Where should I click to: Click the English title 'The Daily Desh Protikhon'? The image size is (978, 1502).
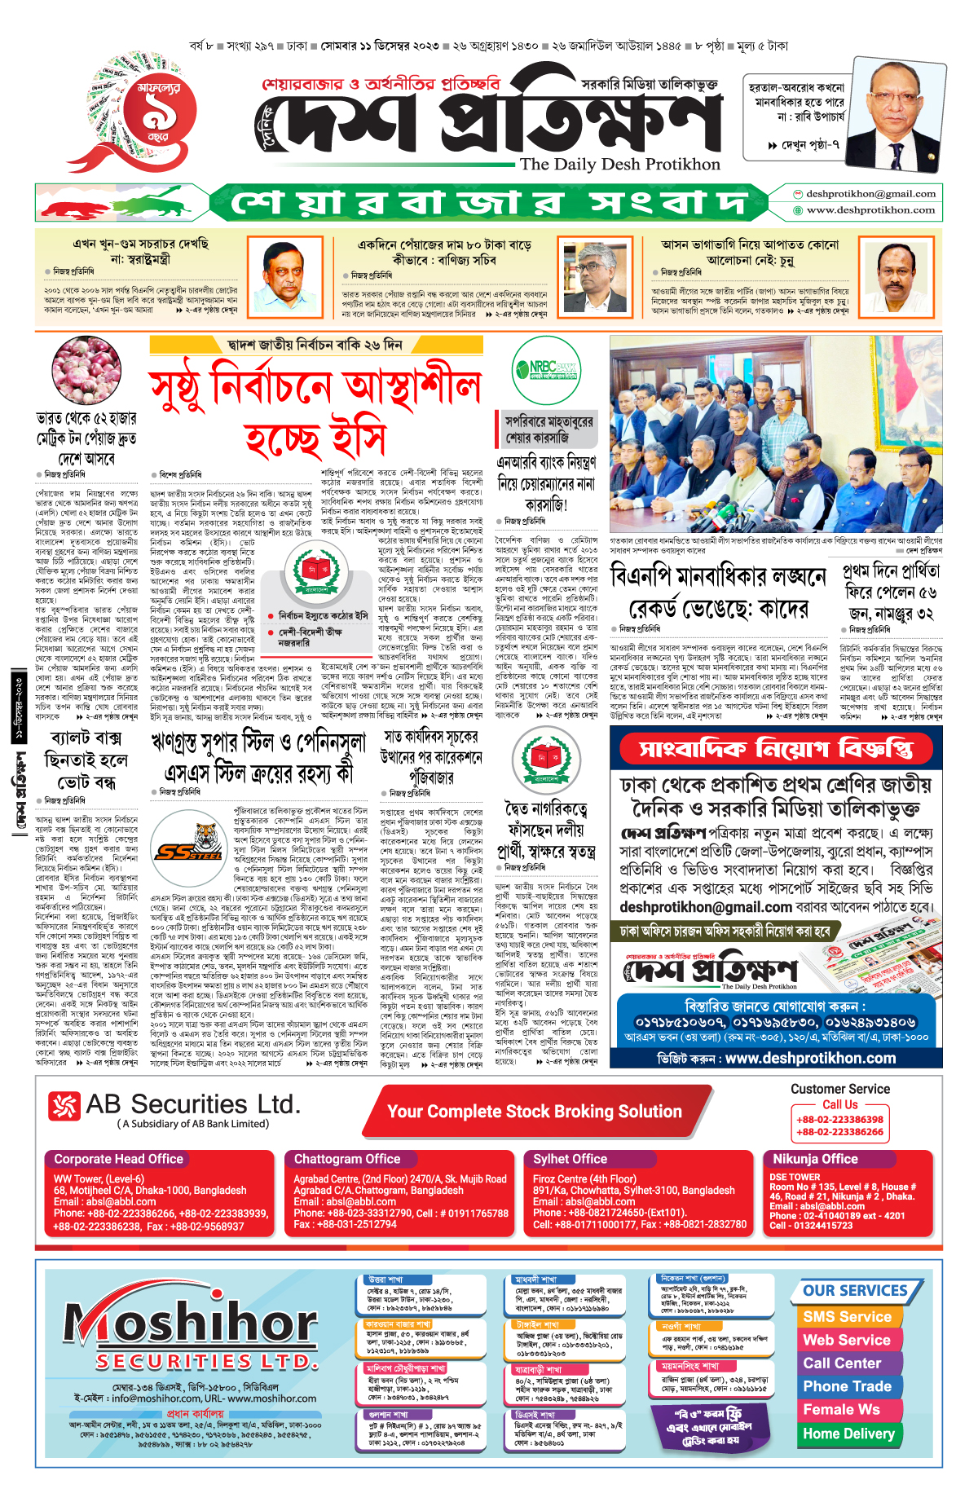tap(620, 164)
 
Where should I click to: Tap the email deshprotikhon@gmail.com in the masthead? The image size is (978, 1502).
tap(870, 194)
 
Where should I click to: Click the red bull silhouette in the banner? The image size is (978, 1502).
tap(74, 205)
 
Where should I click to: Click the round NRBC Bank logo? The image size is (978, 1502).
tap(546, 369)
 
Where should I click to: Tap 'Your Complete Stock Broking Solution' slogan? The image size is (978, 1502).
tap(534, 1112)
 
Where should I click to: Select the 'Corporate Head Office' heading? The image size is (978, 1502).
tap(119, 1159)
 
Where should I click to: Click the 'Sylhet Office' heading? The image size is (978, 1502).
tap(570, 1159)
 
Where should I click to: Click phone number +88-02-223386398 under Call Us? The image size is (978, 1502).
tap(839, 1120)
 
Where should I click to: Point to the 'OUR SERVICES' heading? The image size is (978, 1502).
tap(855, 1291)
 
